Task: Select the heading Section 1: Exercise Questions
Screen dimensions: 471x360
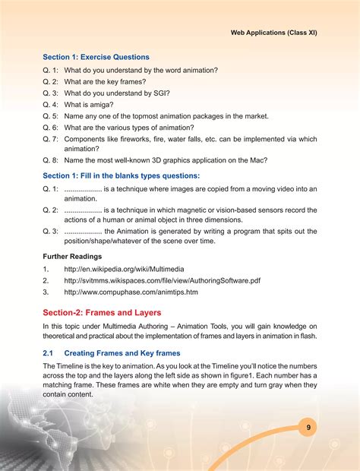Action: pos(96,57)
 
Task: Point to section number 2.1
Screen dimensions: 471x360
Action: pos(48,352)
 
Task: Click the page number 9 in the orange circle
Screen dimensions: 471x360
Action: pos(309,428)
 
